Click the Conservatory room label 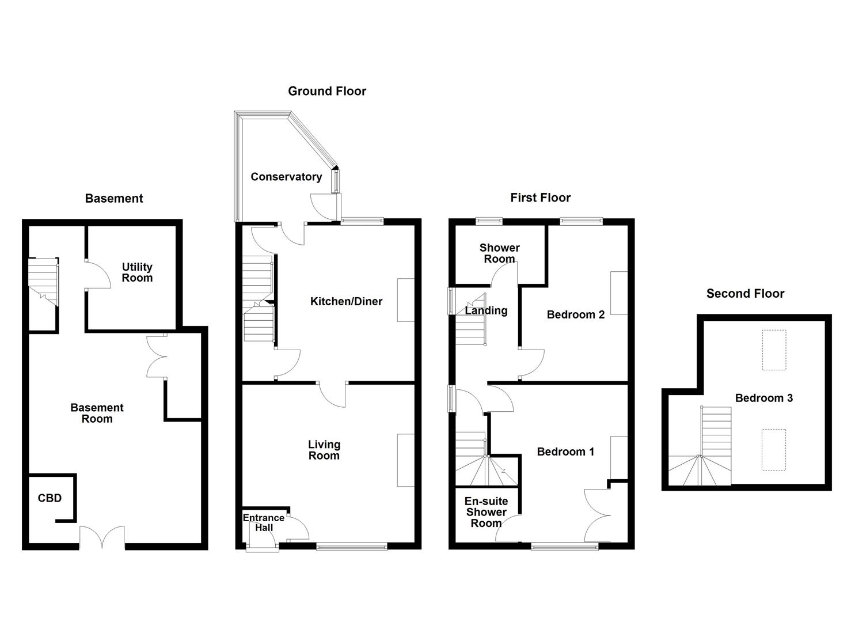[x=286, y=177]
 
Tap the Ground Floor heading [x=327, y=91]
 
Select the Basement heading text [x=114, y=199]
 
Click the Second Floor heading [x=745, y=294]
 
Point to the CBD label [x=50, y=498]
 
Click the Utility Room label [x=137, y=272]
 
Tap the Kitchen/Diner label [x=346, y=301]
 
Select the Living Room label [x=324, y=450]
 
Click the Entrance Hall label [x=263, y=522]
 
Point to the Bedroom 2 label [x=575, y=314]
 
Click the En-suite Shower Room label [x=486, y=512]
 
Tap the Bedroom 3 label [x=763, y=398]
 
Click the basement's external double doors [x=102, y=538]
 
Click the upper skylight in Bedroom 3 [x=774, y=350]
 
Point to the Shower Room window [x=489, y=220]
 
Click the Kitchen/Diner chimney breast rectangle [x=405, y=300]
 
